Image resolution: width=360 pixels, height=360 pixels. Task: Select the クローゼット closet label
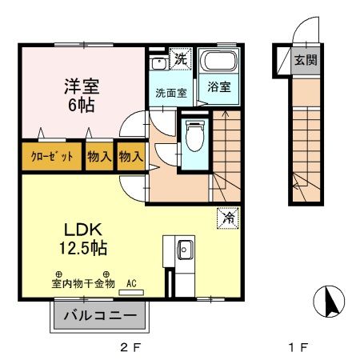point(52,157)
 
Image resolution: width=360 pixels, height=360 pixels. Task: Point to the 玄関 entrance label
point(305,60)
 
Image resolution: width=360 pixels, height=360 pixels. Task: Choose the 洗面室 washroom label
point(170,92)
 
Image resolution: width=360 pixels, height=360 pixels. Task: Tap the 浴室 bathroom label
point(219,86)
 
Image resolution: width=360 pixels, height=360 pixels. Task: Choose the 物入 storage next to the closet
point(99,157)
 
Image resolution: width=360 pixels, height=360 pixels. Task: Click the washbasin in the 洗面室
point(158,62)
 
